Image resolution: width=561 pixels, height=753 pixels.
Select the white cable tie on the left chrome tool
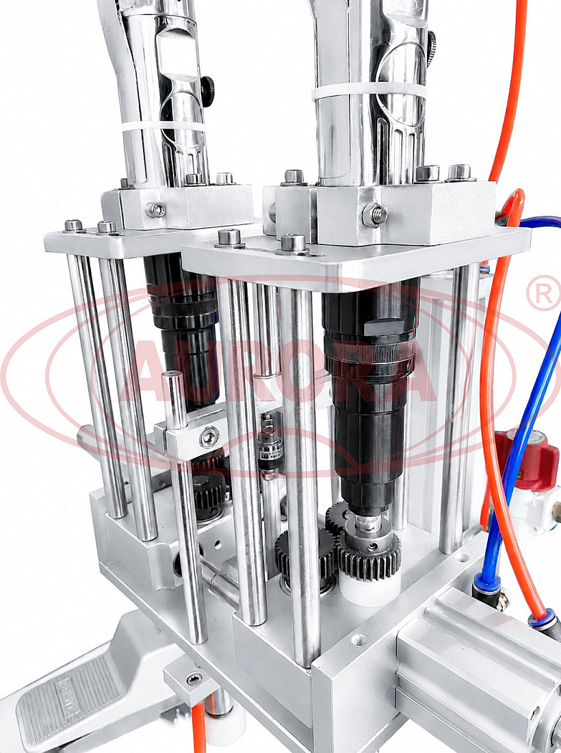[162, 127]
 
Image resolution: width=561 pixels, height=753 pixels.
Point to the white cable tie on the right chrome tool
[369, 91]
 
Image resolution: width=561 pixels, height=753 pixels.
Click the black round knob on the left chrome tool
[208, 91]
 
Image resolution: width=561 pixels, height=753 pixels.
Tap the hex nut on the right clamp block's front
[375, 215]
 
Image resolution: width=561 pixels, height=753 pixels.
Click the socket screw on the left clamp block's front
[157, 209]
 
